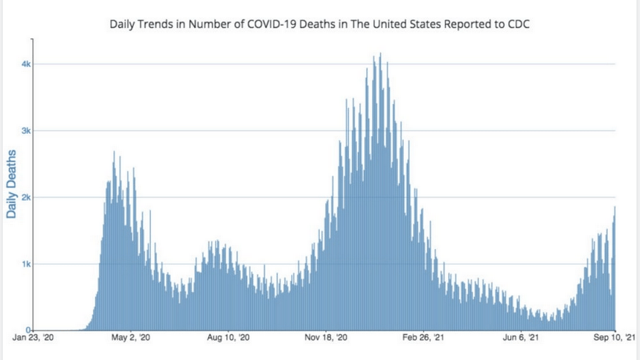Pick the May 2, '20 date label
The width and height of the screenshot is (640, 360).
131,338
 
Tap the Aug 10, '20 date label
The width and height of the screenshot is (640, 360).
229,338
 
